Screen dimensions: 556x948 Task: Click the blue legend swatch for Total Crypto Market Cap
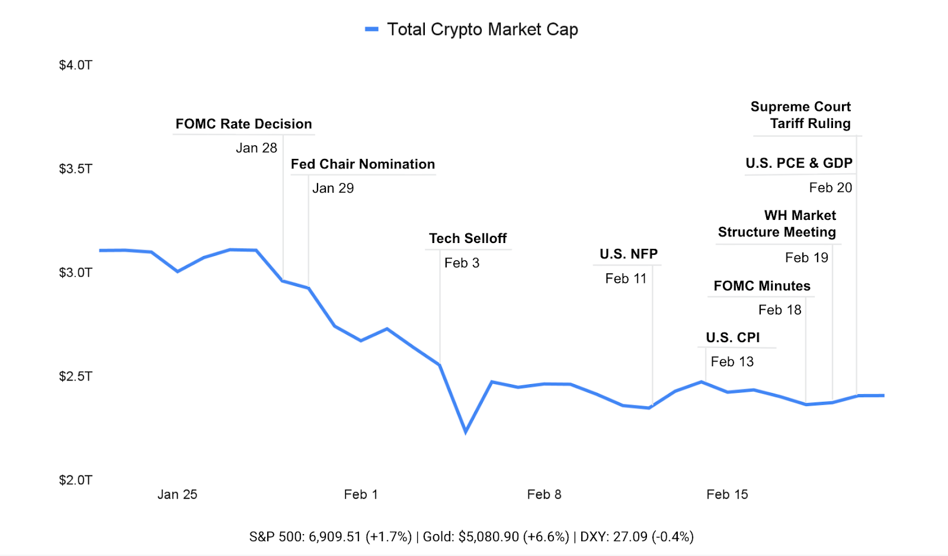(x=371, y=29)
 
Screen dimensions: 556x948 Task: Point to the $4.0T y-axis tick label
(x=76, y=65)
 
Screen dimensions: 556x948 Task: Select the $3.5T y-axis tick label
(x=76, y=169)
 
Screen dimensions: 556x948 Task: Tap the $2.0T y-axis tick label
(x=76, y=480)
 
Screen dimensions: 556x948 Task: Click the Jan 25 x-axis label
(x=177, y=494)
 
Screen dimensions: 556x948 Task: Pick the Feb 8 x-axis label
(x=544, y=494)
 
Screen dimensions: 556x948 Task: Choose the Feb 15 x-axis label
(x=727, y=494)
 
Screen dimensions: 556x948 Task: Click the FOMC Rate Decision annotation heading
(x=244, y=124)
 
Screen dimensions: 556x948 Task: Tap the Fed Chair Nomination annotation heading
(x=363, y=164)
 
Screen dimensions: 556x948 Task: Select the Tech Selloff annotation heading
(x=467, y=238)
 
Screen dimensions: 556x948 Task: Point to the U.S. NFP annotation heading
(x=629, y=254)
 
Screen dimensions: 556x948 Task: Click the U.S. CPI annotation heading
(x=732, y=338)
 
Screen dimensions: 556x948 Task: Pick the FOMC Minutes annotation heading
(x=762, y=286)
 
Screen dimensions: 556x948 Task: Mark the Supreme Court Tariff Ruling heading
(x=800, y=115)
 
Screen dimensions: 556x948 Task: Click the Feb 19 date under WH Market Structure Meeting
(x=806, y=258)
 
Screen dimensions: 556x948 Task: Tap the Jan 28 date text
(x=257, y=148)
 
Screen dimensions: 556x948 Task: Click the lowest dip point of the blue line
(x=466, y=432)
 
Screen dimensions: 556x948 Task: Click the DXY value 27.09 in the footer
(x=630, y=537)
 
